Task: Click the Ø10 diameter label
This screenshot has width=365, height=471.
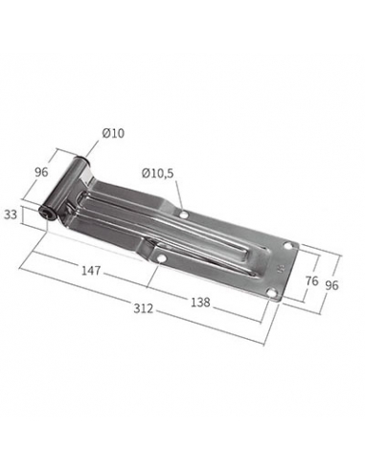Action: [113, 133]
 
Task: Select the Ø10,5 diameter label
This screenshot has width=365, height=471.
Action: [158, 173]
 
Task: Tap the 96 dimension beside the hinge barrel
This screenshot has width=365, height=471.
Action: [41, 172]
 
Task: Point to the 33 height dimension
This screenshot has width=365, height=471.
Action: [11, 214]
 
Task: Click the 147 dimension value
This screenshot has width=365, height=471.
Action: [91, 271]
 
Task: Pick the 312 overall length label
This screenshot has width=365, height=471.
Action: [144, 308]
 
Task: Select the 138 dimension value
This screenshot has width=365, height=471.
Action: [200, 302]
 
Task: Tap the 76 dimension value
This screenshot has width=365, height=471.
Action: [312, 280]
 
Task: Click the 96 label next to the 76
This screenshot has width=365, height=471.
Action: [331, 285]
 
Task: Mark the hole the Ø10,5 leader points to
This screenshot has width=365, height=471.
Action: [184, 214]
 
